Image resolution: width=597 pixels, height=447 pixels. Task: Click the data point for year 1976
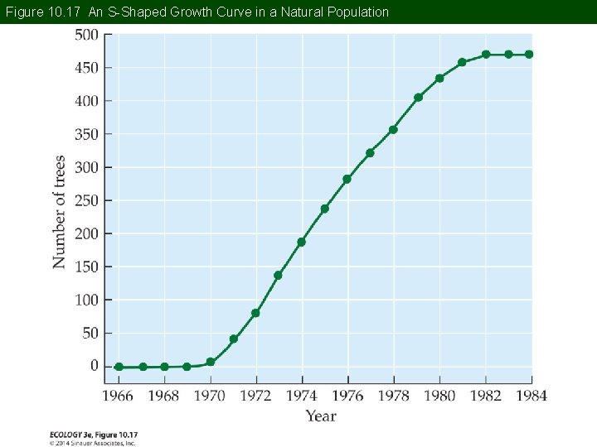(347, 179)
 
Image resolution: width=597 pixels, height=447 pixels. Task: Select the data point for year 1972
(255, 313)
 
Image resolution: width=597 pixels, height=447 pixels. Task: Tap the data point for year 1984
(529, 55)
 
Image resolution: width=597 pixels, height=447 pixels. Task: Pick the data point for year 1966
(119, 367)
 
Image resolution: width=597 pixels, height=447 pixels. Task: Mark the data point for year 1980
(439, 79)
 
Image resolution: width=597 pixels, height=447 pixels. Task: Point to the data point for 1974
(301, 242)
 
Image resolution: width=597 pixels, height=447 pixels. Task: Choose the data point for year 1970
(211, 362)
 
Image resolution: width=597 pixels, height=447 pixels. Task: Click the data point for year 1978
(393, 130)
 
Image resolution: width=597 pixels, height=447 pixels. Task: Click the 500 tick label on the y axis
(87, 35)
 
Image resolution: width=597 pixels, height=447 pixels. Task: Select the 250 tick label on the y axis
(87, 200)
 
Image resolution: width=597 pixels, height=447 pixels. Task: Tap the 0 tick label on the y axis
(94, 366)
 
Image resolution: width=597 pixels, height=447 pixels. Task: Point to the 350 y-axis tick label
(87, 134)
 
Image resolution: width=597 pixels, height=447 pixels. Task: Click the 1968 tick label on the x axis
(163, 396)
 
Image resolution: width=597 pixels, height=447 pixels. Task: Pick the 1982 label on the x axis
(485, 396)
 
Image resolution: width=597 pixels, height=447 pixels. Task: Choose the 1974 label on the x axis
(301, 396)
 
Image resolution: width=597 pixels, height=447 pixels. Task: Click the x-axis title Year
(321, 416)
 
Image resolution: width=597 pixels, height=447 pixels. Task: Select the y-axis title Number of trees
(60, 212)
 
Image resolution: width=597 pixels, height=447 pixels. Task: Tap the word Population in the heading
(357, 12)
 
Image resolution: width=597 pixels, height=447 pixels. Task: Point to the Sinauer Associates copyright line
(93, 442)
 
